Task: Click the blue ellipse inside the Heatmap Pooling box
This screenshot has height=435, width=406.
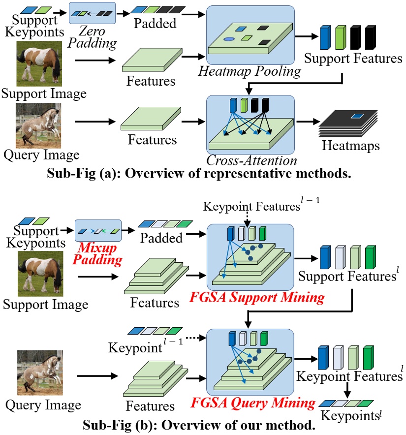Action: tap(229, 38)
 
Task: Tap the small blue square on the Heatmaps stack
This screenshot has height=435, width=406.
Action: tap(357, 117)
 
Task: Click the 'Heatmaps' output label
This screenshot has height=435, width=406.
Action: tap(351, 146)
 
